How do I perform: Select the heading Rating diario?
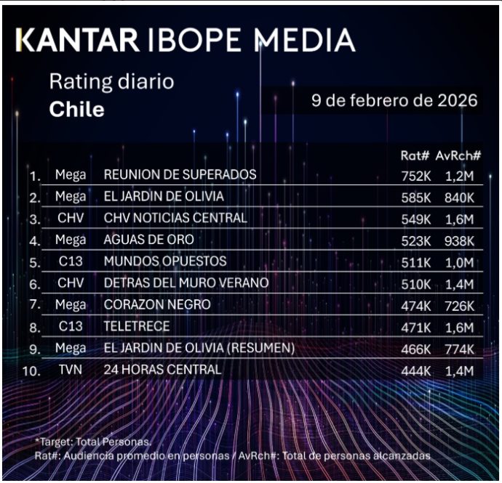[x=111, y=81]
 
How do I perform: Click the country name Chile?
[x=76, y=110]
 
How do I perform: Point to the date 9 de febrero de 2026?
[x=394, y=100]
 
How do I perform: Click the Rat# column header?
[x=415, y=155]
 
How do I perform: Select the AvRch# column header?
[x=459, y=155]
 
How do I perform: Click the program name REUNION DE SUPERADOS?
[x=180, y=175]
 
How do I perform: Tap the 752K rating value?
[x=415, y=176]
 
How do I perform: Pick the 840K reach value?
[x=459, y=198]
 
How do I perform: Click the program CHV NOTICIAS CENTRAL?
[x=175, y=219]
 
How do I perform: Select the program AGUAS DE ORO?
[x=149, y=240]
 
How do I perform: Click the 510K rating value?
[x=415, y=283]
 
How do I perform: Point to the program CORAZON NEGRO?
[x=157, y=305]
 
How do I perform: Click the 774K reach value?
[x=459, y=349]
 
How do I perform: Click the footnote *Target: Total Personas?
[x=92, y=441]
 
